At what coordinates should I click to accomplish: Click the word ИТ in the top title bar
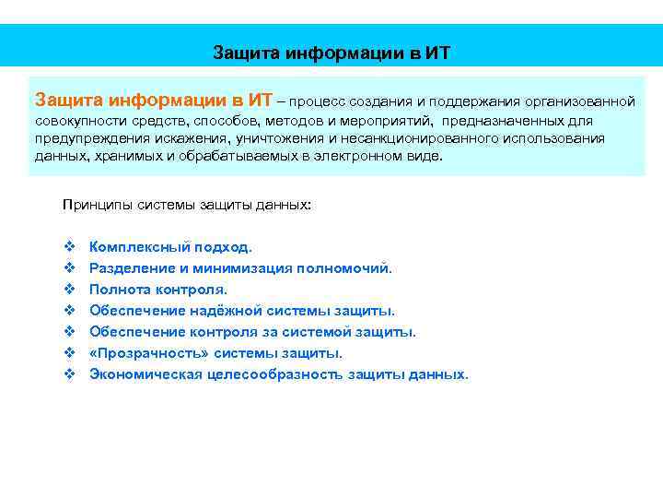[437, 51]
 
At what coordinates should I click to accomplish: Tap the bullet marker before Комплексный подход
[69, 247]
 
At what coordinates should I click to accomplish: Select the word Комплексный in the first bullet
[139, 247]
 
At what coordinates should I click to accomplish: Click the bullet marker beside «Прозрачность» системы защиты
[69, 353]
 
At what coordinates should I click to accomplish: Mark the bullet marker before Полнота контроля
[69, 290]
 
